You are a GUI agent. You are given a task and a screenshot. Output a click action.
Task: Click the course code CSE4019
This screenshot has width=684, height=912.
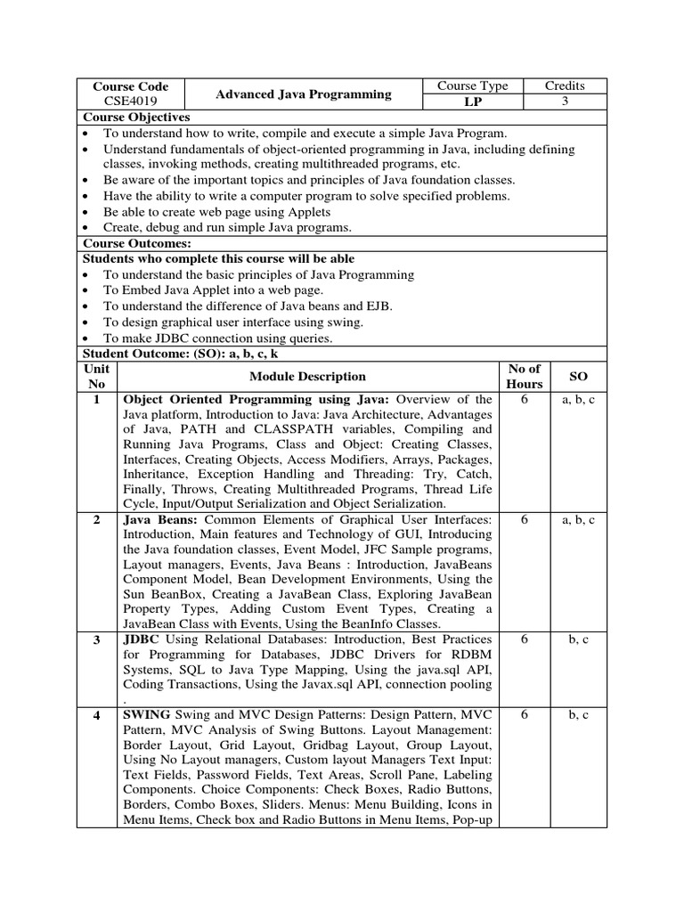[130, 102]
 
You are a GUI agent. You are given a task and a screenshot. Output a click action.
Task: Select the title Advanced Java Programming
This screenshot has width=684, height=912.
[304, 94]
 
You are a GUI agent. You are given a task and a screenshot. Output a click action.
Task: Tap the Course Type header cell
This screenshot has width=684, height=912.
[472, 86]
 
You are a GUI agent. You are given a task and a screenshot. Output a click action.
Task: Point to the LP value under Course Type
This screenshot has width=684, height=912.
[472, 102]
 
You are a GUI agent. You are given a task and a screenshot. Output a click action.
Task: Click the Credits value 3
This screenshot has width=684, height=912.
[565, 102]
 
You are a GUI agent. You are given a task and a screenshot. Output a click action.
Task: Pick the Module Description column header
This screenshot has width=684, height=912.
[307, 377]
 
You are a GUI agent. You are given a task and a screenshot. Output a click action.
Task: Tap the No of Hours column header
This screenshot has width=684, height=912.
[525, 376]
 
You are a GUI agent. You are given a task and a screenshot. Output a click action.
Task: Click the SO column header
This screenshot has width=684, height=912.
[578, 377]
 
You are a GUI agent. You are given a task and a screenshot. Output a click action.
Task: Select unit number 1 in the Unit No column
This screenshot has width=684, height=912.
[96, 400]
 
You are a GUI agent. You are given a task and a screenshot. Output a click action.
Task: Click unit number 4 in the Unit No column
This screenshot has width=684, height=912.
[96, 715]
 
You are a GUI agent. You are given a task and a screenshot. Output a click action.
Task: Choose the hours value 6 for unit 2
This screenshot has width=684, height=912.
[525, 520]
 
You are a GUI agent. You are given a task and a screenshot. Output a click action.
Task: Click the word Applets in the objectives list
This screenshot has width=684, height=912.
[305, 212]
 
